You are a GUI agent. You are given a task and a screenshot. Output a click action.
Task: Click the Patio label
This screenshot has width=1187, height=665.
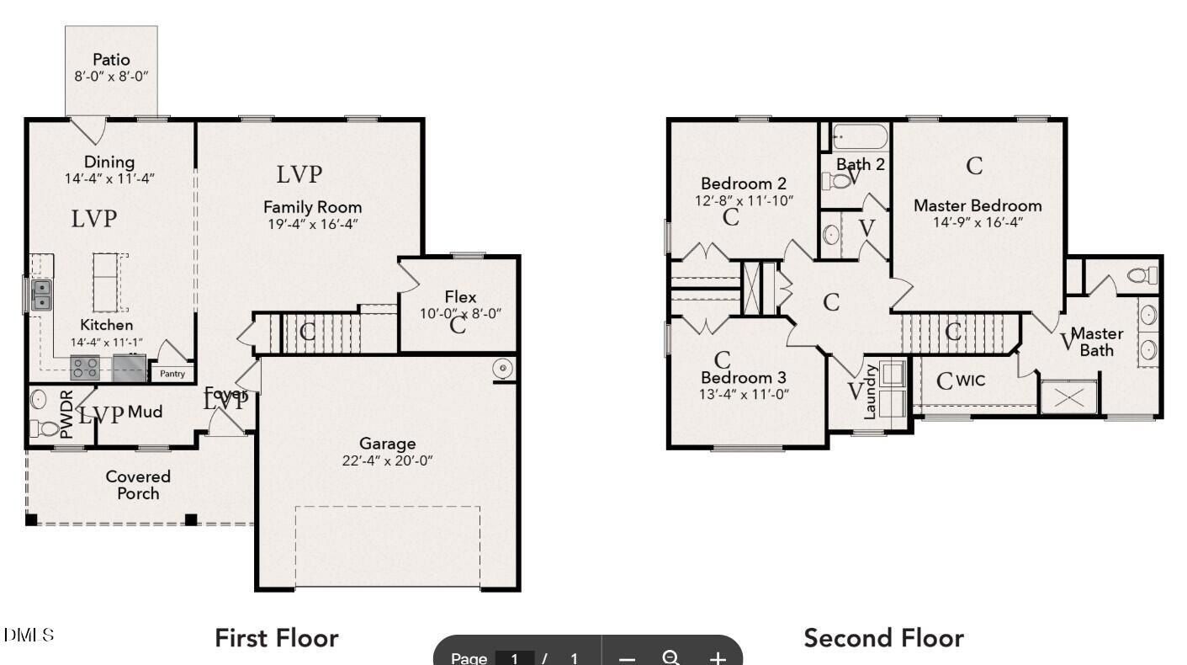(111, 60)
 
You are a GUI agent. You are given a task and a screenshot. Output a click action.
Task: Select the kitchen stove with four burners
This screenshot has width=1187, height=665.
(85, 368)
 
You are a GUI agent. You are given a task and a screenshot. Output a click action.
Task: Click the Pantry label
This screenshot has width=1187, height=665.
(172, 374)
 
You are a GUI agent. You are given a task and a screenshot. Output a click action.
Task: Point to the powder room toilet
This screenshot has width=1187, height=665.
(43, 428)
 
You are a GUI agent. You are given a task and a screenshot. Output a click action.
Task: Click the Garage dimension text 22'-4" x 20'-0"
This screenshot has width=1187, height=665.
(387, 460)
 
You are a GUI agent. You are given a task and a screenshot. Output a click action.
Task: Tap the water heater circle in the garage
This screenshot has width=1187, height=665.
(503, 369)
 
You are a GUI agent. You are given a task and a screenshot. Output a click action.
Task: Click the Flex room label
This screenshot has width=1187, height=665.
(460, 297)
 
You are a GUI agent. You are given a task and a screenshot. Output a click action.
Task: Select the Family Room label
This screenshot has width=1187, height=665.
(312, 206)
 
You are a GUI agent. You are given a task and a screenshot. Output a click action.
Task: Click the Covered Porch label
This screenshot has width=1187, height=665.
(138, 485)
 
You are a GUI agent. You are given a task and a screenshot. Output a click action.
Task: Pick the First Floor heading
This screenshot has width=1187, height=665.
(276, 638)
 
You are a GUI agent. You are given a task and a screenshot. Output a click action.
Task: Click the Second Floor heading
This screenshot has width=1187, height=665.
(883, 638)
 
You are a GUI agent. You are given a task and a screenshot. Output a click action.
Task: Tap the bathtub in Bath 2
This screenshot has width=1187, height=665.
(859, 136)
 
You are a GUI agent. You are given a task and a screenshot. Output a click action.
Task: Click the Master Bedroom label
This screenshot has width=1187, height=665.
(977, 205)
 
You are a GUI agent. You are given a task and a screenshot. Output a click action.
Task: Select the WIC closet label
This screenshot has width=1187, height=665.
(969, 380)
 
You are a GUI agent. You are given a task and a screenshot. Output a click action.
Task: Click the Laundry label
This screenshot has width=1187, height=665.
(871, 392)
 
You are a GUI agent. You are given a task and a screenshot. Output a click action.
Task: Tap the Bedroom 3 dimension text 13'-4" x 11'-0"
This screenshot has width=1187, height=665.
(744, 394)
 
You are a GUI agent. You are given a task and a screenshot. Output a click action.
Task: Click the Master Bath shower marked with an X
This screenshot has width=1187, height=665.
(1068, 396)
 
